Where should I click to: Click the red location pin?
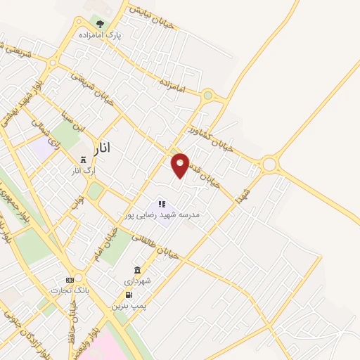pyautogui.click(x=181, y=165)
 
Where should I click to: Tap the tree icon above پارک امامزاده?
pyautogui.click(x=99, y=24)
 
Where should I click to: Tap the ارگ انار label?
pyautogui.click(x=83, y=171)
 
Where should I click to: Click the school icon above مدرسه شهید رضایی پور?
pyautogui.click(x=162, y=205)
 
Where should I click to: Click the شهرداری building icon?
pyautogui.click(x=136, y=271)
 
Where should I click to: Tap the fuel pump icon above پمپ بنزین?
pyautogui.click(x=128, y=295)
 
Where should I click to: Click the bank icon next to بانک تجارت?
pyautogui.click(x=69, y=280)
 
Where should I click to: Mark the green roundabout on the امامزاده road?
pyautogui.click(x=207, y=95)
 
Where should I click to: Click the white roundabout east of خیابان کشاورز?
pyautogui.click(x=270, y=165)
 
